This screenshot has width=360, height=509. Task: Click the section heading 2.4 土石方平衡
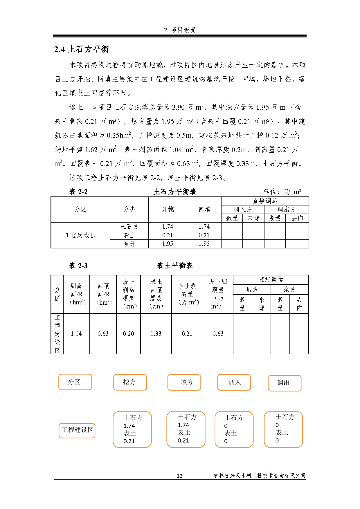[x=81, y=49]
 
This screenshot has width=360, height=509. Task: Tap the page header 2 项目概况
[x=180, y=30]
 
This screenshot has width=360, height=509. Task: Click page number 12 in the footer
[x=180, y=476]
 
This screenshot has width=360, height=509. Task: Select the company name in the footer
[x=259, y=475]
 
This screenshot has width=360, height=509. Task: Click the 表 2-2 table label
[x=78, y=192]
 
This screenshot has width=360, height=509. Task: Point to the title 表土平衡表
[x=175, y=266]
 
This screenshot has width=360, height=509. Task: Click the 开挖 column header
[x=168, y=210]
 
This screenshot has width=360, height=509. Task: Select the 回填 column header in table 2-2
[x=204, y=210]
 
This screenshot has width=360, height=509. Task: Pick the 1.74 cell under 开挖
[x=168, y=227]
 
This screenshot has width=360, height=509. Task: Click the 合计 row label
[x=129, y=244]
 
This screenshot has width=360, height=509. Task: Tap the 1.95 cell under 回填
[x=204, y=244]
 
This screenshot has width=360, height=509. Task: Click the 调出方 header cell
[x=286, y=210]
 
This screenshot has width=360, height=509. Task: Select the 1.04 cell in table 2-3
[x=76, y=334]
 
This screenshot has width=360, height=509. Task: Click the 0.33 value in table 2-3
[x=156, y=334]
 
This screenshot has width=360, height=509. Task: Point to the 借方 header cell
[x=252, y=289]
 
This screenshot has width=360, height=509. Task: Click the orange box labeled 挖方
[x=130, y=382]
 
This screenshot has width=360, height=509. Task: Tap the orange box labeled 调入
[x=234, y=382]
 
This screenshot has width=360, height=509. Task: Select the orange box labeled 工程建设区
[x=77, y=430]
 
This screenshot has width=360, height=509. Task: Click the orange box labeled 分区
[x=75, y=382]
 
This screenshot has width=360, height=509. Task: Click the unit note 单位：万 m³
[x=282, y=192]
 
